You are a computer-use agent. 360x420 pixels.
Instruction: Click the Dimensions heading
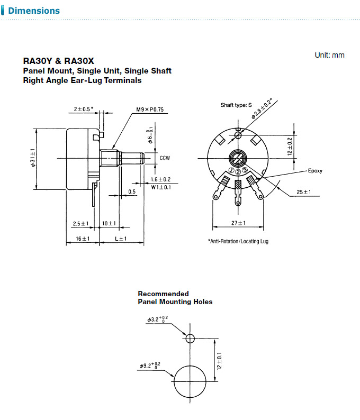pos(34,11)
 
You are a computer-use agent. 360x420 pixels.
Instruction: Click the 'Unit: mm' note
pos(329,55)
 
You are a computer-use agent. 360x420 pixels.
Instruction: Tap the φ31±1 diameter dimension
pos(33,157)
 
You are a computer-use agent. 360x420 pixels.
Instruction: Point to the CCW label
pos(165,158)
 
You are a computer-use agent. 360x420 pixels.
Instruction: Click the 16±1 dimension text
pos(82,239)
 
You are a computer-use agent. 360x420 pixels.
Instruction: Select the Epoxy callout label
pos(315,171)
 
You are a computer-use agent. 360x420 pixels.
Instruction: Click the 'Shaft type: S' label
pos(236,105)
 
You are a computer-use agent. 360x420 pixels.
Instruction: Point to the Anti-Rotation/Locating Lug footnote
pos(238,241)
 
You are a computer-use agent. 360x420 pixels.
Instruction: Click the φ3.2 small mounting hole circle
pos(190,339)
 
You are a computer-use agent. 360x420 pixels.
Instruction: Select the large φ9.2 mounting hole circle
pos(190,382)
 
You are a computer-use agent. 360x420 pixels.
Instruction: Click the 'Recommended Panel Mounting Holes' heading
pos(175,298)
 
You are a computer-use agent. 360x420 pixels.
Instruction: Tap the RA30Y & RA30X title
pos(59,61)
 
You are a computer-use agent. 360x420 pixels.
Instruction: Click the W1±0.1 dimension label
pos(160,187)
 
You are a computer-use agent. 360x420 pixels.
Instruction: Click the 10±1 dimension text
pos(109,223)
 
